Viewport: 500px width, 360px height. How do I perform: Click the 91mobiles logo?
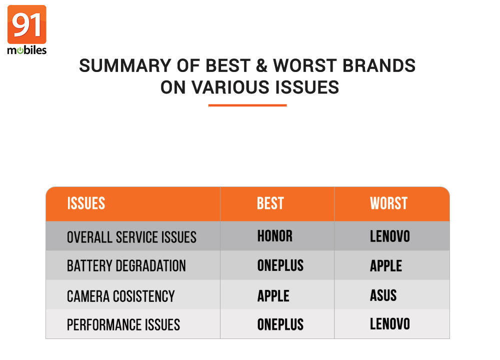tap(27, 29)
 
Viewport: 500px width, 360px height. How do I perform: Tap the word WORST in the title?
tap(305, 65)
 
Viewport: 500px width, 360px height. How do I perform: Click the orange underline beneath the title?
tap(247, 105)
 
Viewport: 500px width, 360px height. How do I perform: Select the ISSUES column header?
tap(86, 203)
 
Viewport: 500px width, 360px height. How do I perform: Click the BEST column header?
tap(270, 203)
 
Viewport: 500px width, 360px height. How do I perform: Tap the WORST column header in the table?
tap(388, 203)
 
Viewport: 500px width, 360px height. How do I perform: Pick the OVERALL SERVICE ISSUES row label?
tap(131, 237)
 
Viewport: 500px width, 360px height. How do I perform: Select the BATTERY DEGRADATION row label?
tap(126, 266)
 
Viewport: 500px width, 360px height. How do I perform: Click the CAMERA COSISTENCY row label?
tap(121, 296)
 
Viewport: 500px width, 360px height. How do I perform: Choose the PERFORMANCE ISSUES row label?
tap(123, 325)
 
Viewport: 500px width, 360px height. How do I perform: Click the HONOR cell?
tap(275, 236)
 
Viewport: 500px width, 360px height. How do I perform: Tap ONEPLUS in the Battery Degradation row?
tap(280, 265)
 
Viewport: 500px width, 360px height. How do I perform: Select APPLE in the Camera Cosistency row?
tap(273, 296)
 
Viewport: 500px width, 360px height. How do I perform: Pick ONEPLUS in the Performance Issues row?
tap(280, 324)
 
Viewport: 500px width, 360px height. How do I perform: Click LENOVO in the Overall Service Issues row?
tap(389, 236)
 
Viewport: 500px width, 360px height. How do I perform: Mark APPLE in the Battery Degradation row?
tap(386, 265)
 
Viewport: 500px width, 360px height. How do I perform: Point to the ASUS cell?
tap(383, 295)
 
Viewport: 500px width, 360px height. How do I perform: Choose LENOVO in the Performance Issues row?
tap(389, 324)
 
